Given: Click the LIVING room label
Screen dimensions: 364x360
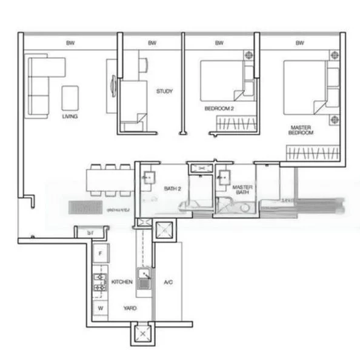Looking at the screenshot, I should click(x=70, y=116).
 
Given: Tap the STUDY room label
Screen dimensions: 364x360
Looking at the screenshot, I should click(x=164, y=92).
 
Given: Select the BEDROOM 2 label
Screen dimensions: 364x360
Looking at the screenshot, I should click(x=217, y=109).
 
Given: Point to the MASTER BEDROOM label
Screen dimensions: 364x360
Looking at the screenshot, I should click(x=301, y=130).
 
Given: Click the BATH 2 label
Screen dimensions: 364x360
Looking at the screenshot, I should click(x=173, y=189).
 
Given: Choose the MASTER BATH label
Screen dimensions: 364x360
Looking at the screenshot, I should click(x=242, y=190).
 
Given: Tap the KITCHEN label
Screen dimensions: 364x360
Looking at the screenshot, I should click(x=122, y=283).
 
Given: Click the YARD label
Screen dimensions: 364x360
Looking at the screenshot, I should click(x=130, y=308).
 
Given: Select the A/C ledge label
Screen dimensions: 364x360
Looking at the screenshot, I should click(x=168, y=283).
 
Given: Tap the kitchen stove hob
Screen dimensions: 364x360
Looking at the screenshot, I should click(x=99, y=282).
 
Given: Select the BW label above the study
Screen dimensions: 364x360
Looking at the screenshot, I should click(x=152, y=44).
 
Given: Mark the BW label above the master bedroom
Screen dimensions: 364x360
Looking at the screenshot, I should click(x=299, y=44).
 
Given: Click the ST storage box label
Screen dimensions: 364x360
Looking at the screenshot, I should click(x=90, y=232).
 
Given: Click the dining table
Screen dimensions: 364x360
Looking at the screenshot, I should click(x=108, y=180).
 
